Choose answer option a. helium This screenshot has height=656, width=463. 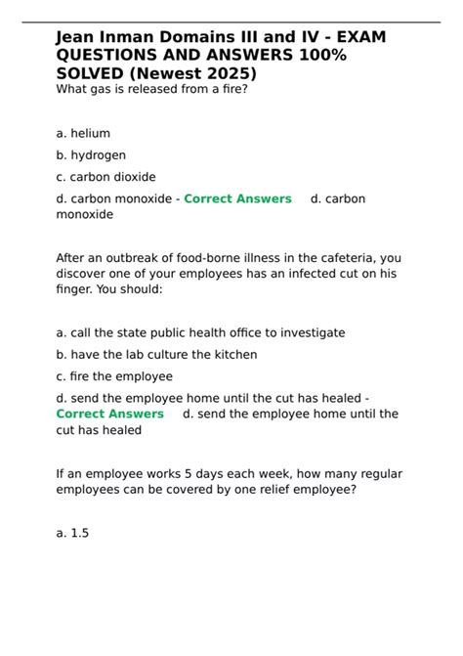83,133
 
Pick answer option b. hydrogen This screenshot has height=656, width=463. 91,154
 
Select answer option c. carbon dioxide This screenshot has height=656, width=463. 105,177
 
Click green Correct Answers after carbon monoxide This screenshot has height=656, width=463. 237,198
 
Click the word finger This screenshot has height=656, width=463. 77,290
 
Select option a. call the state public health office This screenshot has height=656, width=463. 200,332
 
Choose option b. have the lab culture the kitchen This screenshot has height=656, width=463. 156,355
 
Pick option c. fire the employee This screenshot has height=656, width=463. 114,376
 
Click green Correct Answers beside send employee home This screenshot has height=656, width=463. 109,414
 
